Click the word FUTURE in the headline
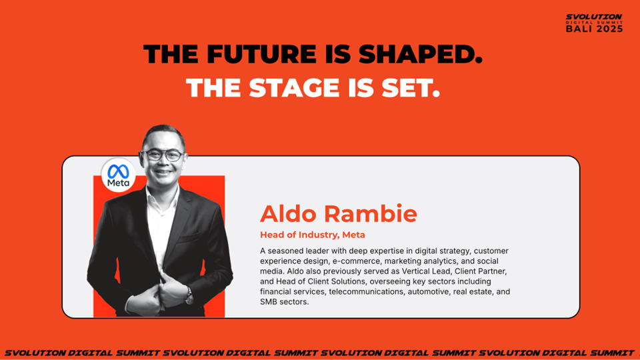pos(261,54)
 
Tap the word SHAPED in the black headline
pos(421,54)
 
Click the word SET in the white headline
pos(411,88)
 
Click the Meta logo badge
pos(119,175)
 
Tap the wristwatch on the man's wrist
pos(189,295)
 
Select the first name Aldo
pos(288,213)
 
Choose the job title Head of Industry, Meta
pos(313,235)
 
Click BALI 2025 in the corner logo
pos(594,29)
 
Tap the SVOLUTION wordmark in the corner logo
pos(594,17)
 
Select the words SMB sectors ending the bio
pos(284,302)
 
